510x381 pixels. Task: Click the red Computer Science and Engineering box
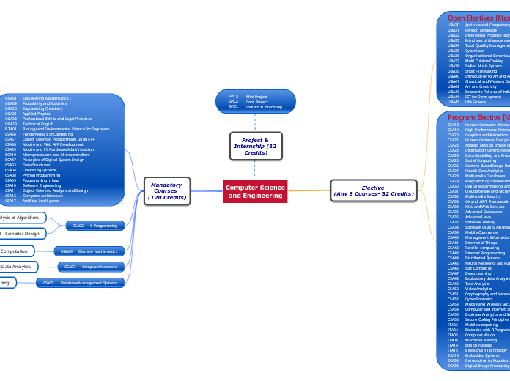(255, 192)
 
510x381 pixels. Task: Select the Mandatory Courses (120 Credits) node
(166, 192)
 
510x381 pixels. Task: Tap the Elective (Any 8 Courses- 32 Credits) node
(373, 191)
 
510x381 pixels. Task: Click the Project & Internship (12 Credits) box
(255, 145)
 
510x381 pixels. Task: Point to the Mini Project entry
(256, 96)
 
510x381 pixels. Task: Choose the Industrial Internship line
(263, 107)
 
